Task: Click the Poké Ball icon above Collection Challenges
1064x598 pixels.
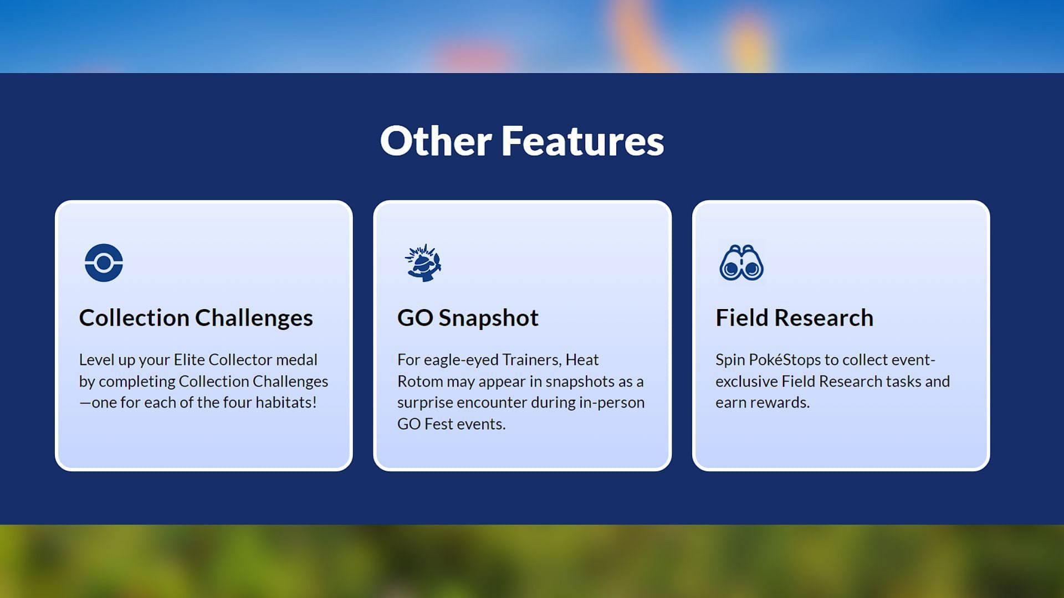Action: pyautogui.click(x=104, y=262)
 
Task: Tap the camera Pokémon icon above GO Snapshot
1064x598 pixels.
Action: pyautogui.click(x=423, y=262)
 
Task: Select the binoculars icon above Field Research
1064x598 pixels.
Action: pyautogui.click(x=741, y=262)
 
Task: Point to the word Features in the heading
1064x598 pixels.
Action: pyautogui.click(x=582, y=141)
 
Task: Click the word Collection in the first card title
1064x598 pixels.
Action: pyautogui.click(x=134, y=318)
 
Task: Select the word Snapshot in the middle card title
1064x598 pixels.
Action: pyautogui.click(x=488, y=318)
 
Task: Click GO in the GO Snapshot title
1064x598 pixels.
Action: pyautogui.click(x=415, y=318)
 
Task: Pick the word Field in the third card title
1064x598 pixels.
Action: pyautogui.click(x=742, y=318)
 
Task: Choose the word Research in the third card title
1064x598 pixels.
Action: pyautogui.click(x=823, y=318)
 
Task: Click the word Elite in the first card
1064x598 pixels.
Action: pyautogui.click(x=189, y=360)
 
